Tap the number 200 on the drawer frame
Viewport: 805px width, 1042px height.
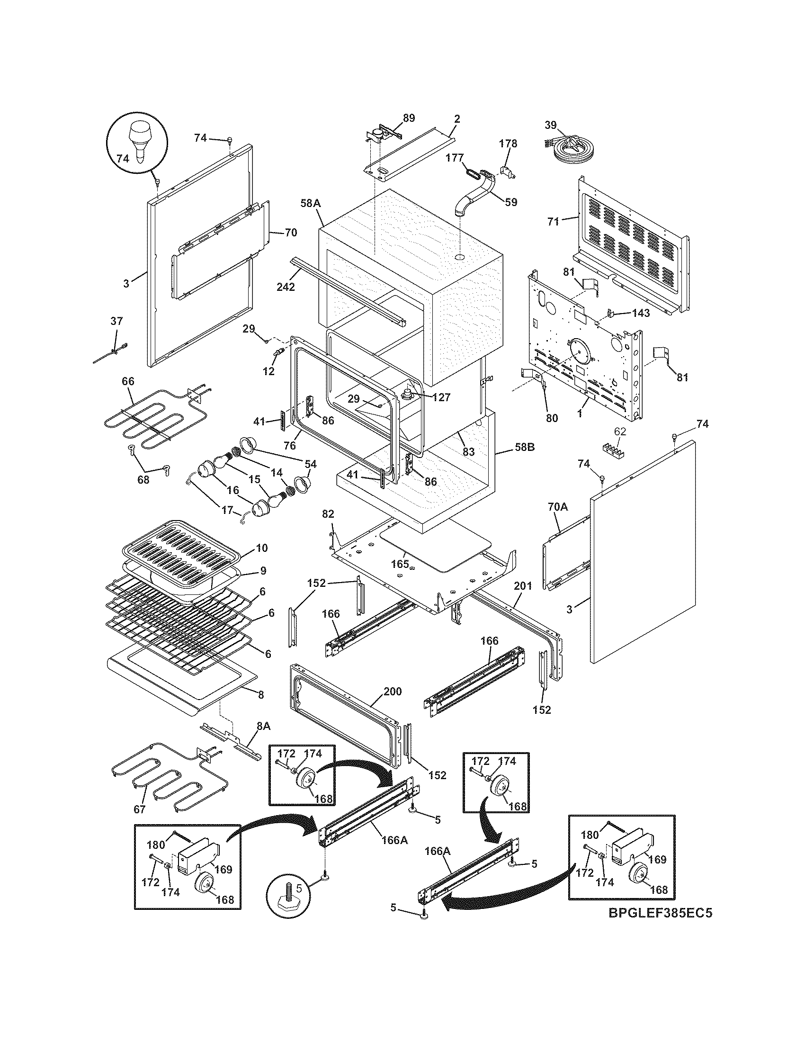(393, 691)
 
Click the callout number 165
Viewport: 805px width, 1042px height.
(400, 564)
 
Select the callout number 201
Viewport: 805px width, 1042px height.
(523, 586)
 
